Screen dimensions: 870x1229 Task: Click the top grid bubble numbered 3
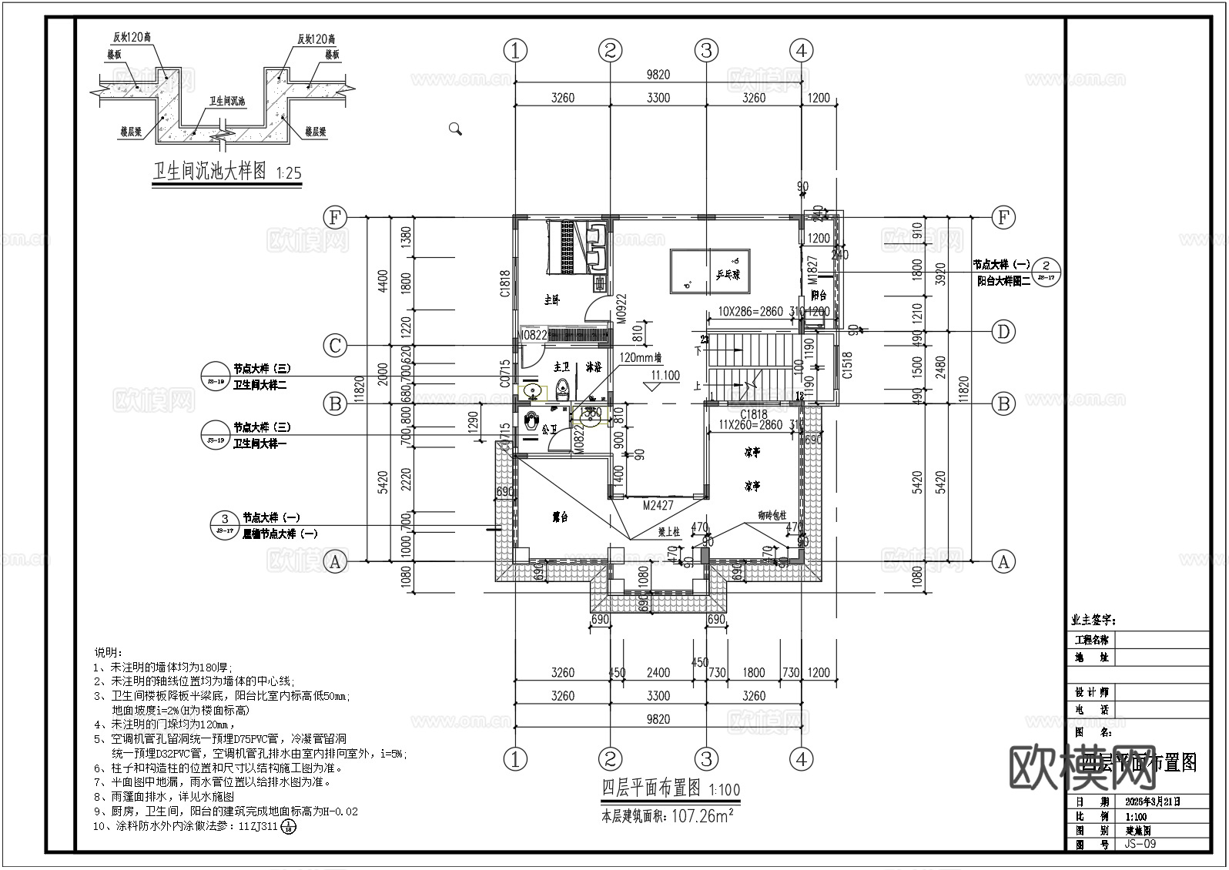coord(705,51)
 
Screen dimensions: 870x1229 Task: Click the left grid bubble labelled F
coord(334,218)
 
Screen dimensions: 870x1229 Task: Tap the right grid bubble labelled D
coord(1003,332)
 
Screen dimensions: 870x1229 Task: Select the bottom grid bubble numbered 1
coord(515,759)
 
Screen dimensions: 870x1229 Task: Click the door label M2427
coord(658,506)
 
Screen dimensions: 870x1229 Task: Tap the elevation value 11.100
coord(665,376)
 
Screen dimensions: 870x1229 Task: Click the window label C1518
coord(847,365)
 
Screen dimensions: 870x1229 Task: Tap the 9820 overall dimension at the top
coord(658,75)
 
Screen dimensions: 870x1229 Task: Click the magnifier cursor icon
coord(455,129)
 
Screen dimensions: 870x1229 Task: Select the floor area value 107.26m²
coord(703,816)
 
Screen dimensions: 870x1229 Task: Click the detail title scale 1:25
coord(287,173)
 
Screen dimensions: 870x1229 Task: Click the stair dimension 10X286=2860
coord(750,312)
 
